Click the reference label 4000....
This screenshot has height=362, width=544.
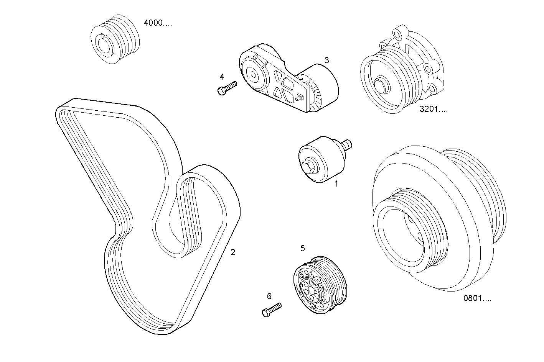point(158,23)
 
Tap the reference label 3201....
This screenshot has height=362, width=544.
point(434,109)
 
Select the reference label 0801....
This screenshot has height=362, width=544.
point(477,298)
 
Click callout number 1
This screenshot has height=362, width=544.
point(336,184)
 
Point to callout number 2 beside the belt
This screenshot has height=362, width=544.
point(232,252)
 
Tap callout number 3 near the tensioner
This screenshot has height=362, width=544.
point(326,60)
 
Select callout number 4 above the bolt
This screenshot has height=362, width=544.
point(222,77)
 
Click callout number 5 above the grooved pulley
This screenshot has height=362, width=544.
point(302,249)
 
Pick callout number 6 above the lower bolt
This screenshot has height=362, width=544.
point(269,296)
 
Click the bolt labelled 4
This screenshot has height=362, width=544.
point(227,88)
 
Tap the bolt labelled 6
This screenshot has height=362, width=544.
point(271,309)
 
